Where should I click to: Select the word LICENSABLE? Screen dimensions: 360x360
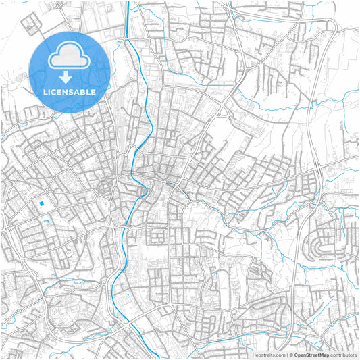click(70, 91)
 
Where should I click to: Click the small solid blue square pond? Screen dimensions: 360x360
click(42, 203)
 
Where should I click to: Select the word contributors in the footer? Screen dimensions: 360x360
click(344, 354)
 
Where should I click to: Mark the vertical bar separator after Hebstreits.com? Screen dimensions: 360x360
click(286, 354)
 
